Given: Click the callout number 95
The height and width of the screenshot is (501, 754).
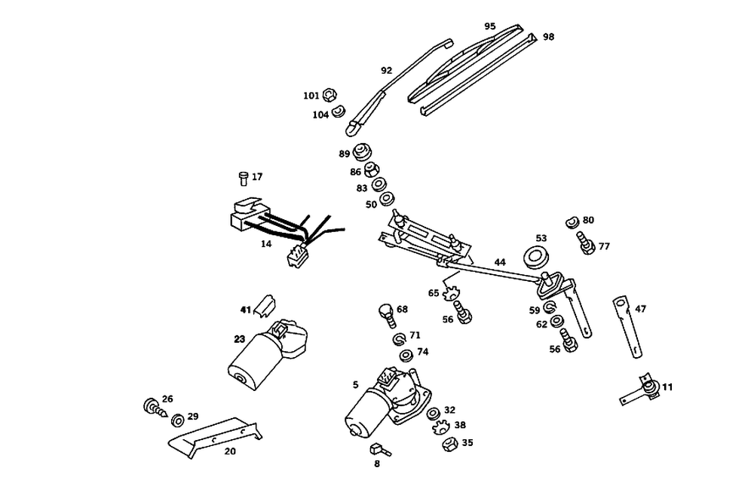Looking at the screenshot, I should click(490, 26).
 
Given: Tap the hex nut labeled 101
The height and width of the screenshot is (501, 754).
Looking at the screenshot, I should click(329, 96).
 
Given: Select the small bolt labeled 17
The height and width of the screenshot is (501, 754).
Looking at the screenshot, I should click(243, 178).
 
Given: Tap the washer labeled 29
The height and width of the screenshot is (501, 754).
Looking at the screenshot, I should click(178, 420).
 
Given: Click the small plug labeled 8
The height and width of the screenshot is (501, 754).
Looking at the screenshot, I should click(379, 449).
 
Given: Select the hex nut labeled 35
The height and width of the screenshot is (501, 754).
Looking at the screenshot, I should click(446, 444).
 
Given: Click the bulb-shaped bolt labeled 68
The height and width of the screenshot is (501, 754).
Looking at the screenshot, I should click(385, 312).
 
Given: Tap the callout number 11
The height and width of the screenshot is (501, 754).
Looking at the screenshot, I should click(668, 387).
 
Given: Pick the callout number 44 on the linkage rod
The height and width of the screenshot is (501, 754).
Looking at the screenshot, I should click(500, 262).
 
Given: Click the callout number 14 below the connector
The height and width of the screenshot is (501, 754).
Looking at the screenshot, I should click(266, 244).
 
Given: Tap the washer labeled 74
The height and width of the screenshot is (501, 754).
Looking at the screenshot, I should click(404, 354).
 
